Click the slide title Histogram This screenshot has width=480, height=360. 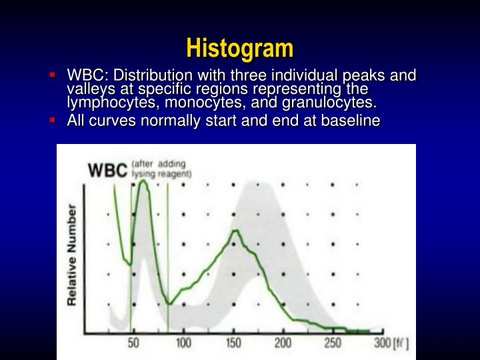[x=239, y=48]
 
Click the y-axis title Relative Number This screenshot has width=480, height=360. [x=72, y=255]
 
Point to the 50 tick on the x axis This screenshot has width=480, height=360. [x=133, y=343]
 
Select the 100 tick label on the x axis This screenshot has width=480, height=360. [x=183, y=343]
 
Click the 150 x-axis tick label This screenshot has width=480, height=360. [x=233, y=343]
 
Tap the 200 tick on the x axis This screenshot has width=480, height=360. [x=283, y=343]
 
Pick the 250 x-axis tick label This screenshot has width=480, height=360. [x=332, y=343]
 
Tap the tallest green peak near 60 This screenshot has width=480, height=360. [x=142, y=181]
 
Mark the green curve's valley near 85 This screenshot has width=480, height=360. [x=171, y=303]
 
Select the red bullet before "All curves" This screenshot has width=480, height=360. [x=52, y=120]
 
